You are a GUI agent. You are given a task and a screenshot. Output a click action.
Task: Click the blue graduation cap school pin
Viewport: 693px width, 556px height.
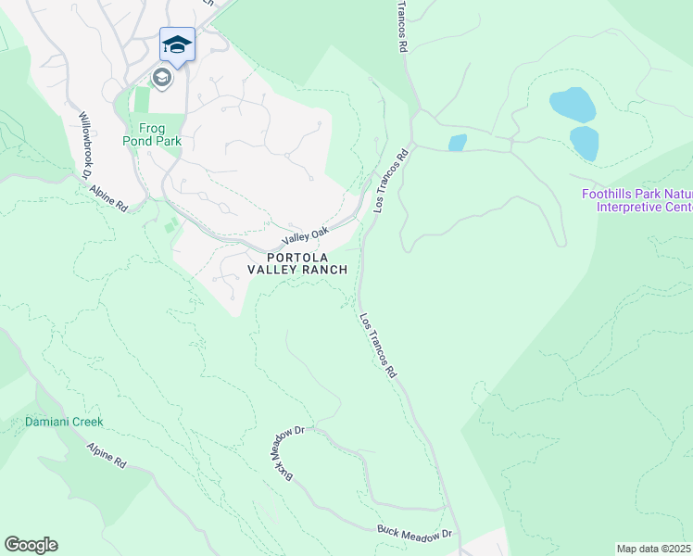tap(177, 44)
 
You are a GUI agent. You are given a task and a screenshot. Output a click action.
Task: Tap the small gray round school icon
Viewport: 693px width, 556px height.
tap(162, 78)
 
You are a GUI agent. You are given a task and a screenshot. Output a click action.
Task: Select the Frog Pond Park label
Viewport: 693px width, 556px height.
tap(151, 135)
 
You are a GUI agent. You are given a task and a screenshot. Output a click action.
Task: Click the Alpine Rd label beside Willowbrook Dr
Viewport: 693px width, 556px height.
tap(108, 197)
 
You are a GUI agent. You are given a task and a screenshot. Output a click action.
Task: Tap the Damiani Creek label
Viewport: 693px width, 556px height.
tap(64, 422)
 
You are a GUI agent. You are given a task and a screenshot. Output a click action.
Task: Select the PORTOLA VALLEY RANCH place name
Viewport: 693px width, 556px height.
tap(297, 263)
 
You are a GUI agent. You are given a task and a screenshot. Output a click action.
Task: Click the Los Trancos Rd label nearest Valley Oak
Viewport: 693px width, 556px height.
tap(391, 183)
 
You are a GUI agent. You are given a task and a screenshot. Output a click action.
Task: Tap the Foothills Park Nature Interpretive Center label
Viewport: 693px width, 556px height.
tap(636, 200)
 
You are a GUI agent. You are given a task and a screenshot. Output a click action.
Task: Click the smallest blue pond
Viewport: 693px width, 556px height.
tap(457, 143)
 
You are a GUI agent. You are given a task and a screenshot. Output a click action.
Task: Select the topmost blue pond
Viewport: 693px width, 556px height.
tap(572, 105)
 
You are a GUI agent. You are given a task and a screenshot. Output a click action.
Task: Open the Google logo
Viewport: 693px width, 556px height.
tap(31, 545)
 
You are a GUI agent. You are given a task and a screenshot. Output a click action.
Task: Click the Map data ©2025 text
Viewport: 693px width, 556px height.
tap(654, 549)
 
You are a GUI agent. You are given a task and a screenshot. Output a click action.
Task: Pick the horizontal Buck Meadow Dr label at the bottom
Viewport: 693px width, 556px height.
tap(413, 534)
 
